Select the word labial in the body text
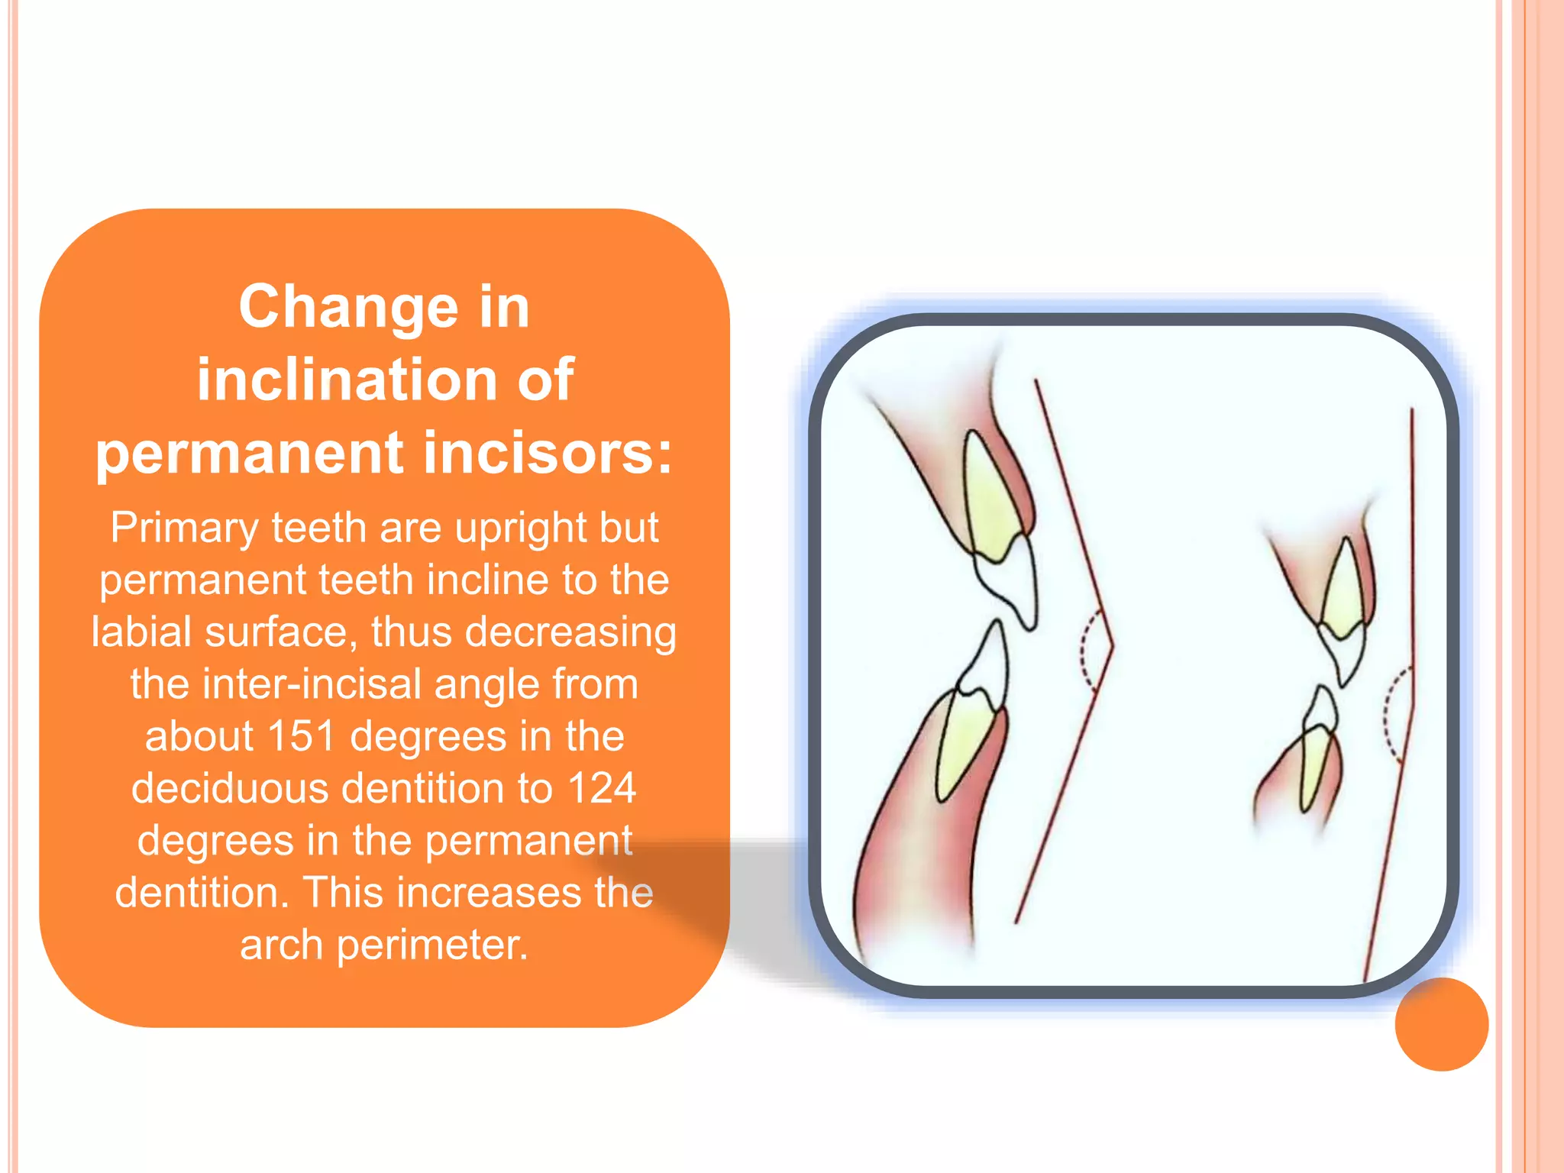pos(141,632)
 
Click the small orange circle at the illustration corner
pos(1441,1024)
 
